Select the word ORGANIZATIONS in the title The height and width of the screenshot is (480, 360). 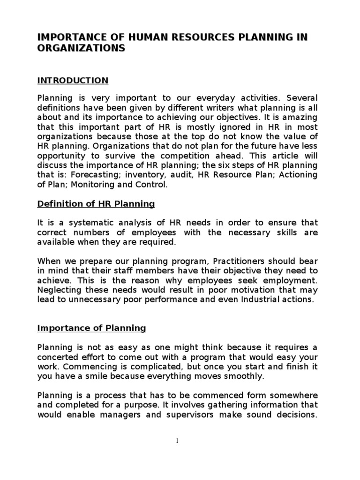[x=81, y=49]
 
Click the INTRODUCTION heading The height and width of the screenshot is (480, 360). [x=73, y=81]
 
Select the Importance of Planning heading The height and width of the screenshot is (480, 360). [x=92, y=329]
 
